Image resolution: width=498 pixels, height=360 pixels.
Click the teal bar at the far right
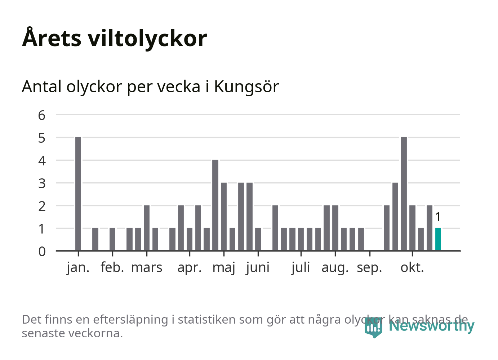click(x=438, y=239)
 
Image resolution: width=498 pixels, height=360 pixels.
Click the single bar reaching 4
click(x=215, y=205)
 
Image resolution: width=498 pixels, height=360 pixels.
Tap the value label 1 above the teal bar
click(x=438, y=217)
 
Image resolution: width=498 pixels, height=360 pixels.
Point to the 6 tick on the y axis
click(x=42, y=115)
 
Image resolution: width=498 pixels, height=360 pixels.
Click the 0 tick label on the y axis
click(x=42, y=251)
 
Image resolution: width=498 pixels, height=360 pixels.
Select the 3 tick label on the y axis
click(x=42, y=183)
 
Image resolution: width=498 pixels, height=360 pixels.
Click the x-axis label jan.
click(x=78, y=268)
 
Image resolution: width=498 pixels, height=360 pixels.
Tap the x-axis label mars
click(x=147, y=268)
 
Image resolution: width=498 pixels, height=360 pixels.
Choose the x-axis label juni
click(x=258, y=268)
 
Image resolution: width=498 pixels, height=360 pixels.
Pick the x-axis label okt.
click(x=412, y=268)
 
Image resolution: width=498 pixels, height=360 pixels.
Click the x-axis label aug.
click(x=335, y=268)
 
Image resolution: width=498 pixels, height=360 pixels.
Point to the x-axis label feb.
click(x=112, y=268)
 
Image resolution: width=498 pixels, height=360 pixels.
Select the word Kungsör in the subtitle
click(x=246, y=87)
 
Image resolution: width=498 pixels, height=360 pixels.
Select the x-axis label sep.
click(x=369, y=268)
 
